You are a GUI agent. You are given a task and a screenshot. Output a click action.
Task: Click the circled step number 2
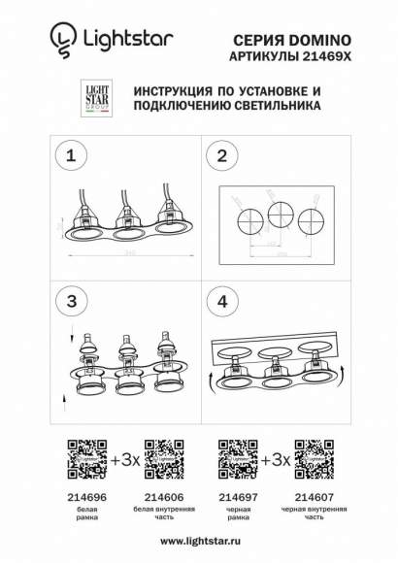coord(223,155)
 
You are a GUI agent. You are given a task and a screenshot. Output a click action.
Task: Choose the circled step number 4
coord(223,301)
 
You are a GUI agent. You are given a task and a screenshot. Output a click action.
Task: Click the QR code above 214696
coord(81,456)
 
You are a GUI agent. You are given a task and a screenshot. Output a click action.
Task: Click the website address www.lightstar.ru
coord(198,542)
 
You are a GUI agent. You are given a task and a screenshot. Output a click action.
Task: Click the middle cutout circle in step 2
coord(281,214)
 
